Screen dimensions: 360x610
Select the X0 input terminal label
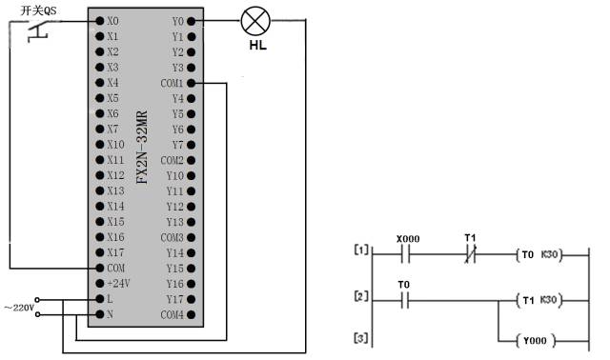(x=113, y=20)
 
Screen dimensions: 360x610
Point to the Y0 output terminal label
(x=178, y=20)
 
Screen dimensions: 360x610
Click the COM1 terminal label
(x=172, y=83)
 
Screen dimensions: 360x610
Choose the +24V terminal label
(x=117, y=284)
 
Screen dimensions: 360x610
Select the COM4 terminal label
(x=172, y=314)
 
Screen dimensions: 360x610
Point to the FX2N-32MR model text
(x=142, y=149)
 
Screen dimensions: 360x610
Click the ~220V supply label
(x=20, y=307)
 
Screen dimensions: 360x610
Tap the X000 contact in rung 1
(x=406, y=254)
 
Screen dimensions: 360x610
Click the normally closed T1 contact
(x=470, y=254)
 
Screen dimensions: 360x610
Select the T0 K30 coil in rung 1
(x=539, y=254)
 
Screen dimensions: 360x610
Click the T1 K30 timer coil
(x=539, y=301)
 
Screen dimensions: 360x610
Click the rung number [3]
(x=359, y=339)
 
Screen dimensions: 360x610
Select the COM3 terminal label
(x=172, y=237)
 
